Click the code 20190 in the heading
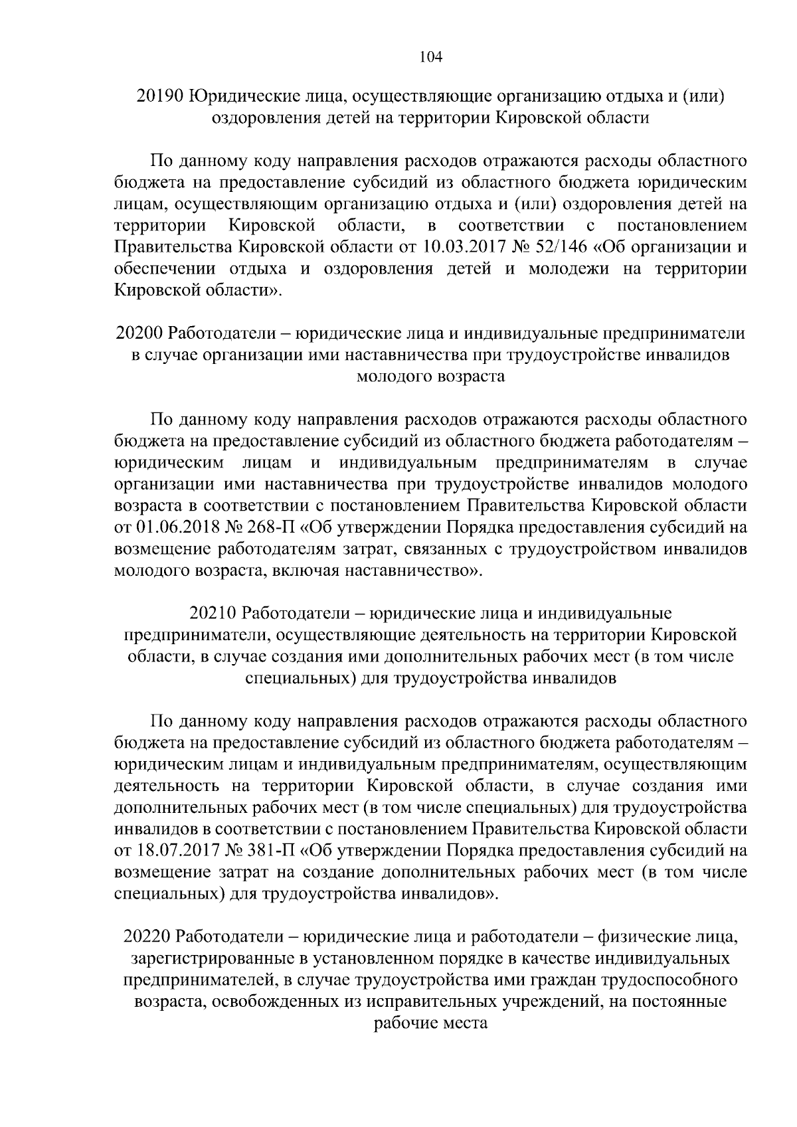[x=159, y=96]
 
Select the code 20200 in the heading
[x=139, y=333]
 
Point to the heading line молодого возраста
[x=430, y=377]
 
